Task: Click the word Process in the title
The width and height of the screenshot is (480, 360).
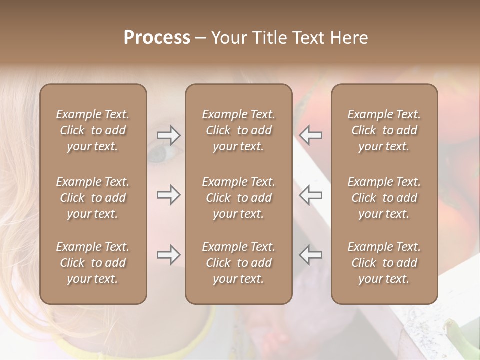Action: pyautogui.click(x=157, y=38)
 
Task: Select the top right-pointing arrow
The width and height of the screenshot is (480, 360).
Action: pyautogui.click(x=169, y=135)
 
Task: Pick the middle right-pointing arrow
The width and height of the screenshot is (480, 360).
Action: pyautogui.click(x=169, y=195)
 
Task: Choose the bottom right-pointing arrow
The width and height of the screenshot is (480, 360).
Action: pyautogui.click(x=169, y=255)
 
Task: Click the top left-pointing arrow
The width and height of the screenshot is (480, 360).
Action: pyautogui.click(x=310, y=135)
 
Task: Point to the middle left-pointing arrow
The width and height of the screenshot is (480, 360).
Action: pyautogui.click(x=310, y=195)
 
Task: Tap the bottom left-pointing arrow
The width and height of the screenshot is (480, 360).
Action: pyautogui.click(x=310, y=255)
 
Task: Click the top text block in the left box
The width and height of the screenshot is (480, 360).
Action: pyautogui.click(x=93, y=130)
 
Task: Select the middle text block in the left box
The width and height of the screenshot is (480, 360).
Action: pyautogui.click(x=93, y=198)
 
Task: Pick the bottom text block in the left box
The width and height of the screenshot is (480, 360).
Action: pyautogui.click(x=93, y=263)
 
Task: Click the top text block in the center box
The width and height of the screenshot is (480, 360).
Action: pyautogui.click(x=238, y=130)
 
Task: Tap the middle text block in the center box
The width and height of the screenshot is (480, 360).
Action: pyautogui.click(x=238, y=198)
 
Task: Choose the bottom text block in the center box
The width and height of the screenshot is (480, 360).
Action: pyautogui.click(x=238, y=263)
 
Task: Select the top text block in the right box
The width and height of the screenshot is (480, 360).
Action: pyautogui.click(x=384, y=130)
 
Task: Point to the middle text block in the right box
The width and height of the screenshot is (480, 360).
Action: pyautogui.click(x=384, y=198)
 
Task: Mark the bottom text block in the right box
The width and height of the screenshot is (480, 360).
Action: pyautogui.click(x=384, y=263)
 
